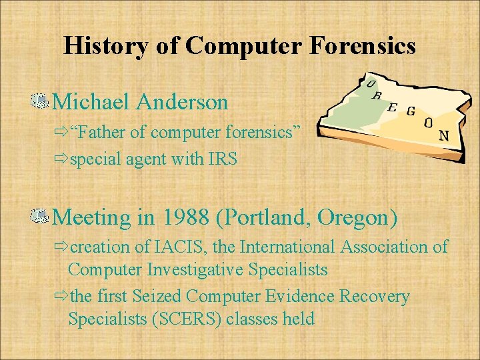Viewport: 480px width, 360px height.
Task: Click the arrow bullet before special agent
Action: [x=61, y=161]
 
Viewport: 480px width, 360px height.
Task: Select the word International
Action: [x=288, y=247]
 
